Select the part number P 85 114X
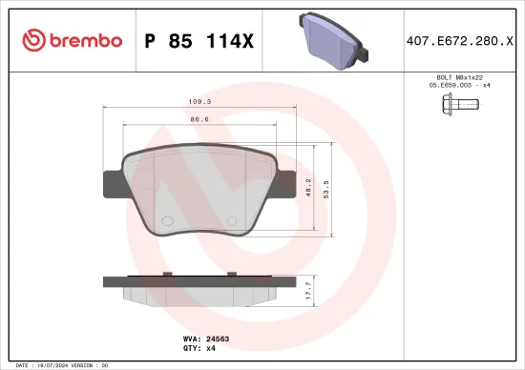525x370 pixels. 197,41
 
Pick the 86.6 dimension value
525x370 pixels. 200,120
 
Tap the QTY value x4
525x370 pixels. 212,347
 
